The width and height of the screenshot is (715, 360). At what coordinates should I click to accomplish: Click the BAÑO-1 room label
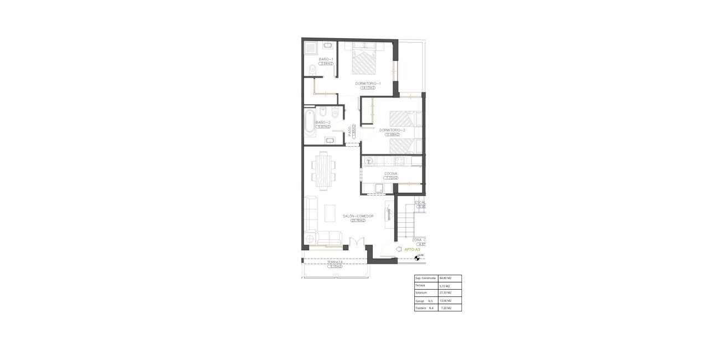point(325,59)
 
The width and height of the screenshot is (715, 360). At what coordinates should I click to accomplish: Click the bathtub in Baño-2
point(308,122)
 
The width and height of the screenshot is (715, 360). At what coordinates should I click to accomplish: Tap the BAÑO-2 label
point(322,122)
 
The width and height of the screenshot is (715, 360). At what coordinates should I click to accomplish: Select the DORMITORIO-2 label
point(392,130)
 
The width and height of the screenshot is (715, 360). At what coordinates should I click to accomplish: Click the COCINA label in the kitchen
point(391,174)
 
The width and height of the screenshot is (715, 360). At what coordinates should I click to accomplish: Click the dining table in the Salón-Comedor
point(324,169)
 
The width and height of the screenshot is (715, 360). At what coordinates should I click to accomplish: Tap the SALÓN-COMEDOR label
point(358,216)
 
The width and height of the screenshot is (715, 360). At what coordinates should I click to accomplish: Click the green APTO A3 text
point(412,250)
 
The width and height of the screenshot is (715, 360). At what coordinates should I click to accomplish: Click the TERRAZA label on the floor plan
point(335,262)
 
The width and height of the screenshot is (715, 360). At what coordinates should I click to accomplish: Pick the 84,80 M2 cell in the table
point(445,278)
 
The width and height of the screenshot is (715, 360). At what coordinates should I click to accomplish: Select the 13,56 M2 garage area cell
point(445,300)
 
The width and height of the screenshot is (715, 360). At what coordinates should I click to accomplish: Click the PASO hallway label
point(350,130)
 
